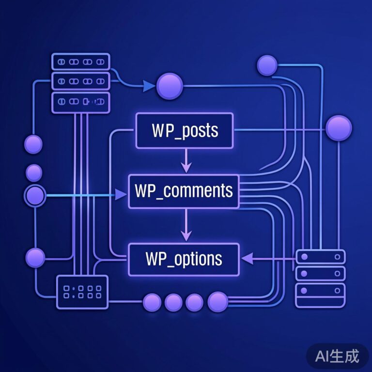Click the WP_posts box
coord(185,130)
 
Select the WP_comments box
coord(184,191)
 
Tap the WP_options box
coord(184,259)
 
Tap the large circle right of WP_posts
coord(338,128)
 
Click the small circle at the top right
coord(267,65)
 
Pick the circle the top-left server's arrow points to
coord(170,86)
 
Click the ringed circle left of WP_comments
coord(35,196)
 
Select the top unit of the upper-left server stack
coord(81,62)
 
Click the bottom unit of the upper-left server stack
coord(81,102)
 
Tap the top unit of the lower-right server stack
coord(320,257)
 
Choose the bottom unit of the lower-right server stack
coord(320,291)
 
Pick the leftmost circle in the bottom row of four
coord(152,303)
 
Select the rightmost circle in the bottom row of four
coord(217,302)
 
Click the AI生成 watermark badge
coord(337,356)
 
